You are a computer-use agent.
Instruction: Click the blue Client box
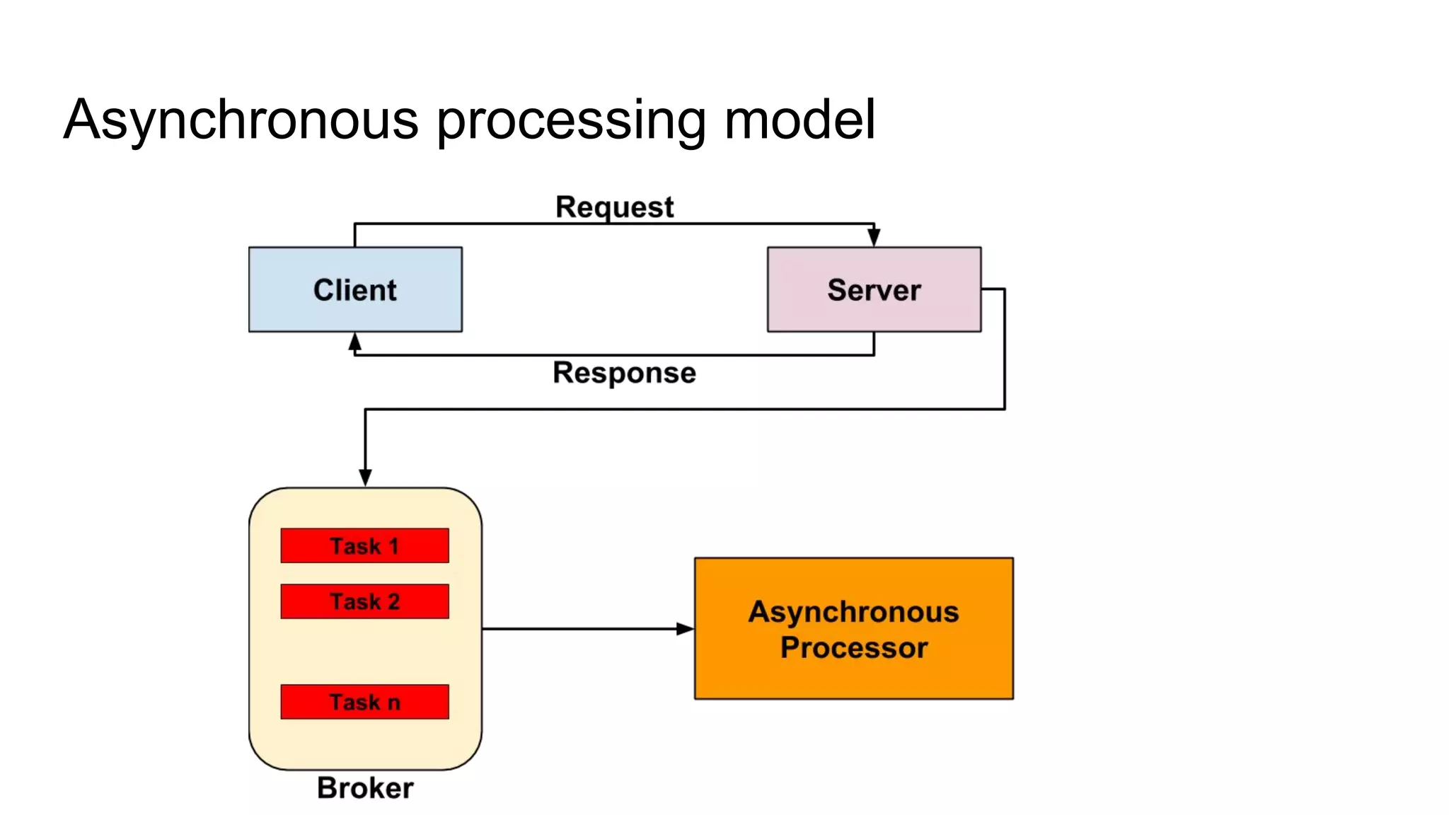(x=355, y=289)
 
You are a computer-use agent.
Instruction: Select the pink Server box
(x=874, y=289)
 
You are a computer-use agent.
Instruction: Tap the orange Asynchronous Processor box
(x=853, y=628)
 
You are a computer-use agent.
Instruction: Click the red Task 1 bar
(x=364, y=545)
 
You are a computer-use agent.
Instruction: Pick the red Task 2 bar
(x=364, y=601)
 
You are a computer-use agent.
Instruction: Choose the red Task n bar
(x=364, y=702)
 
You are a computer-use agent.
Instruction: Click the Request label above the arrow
(x=614, y=207)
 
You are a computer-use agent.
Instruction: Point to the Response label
(x=624, y=373)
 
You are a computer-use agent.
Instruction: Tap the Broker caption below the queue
(x=365, y=788)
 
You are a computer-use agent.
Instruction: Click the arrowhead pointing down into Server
(x=874, y=238)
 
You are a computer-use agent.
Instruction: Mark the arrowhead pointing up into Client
(x=355, y=342)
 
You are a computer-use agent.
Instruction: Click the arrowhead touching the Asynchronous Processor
(x=684, y=628)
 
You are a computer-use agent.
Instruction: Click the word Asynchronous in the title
(x=241, y=120)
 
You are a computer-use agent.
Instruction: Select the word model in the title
(x=799, y=120)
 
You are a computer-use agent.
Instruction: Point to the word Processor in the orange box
(x=853, y=648)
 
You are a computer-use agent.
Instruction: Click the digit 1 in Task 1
(x=393, y=546)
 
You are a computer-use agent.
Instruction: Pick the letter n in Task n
(x=394, y=703)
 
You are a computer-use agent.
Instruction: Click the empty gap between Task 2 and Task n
(x=364, y=652)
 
